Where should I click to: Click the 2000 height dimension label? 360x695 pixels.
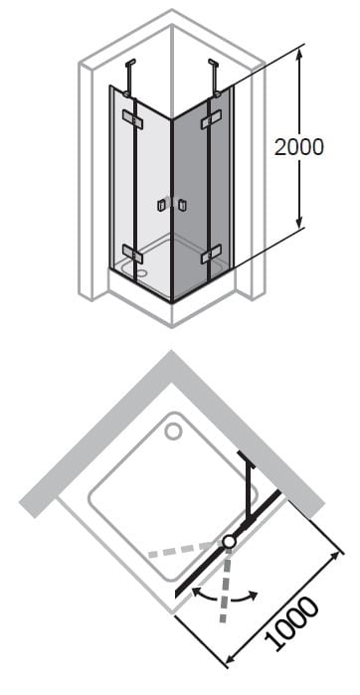pos(298,147)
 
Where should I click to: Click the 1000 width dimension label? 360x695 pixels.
pos(291,623)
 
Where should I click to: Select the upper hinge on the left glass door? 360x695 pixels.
pos(131,117)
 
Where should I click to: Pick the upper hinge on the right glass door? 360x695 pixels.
pos(211,119)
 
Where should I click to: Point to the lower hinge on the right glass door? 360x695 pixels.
pos(211,256)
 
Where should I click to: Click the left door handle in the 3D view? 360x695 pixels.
pos(160,205)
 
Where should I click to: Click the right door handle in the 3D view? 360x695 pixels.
pos(182,205)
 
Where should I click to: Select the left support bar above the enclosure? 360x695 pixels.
pos(129,78)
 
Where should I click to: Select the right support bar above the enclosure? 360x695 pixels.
pos(215,78)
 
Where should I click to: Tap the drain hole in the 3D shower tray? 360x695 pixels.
pos(142,272)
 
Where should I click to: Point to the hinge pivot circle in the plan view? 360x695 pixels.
pos(229,541)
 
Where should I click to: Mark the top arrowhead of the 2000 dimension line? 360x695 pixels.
pos(299,53)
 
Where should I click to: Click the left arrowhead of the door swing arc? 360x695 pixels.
pos(196,591)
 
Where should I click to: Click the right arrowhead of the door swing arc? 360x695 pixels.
pos(253,595)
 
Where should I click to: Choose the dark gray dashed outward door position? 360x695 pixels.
pos(226,585)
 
